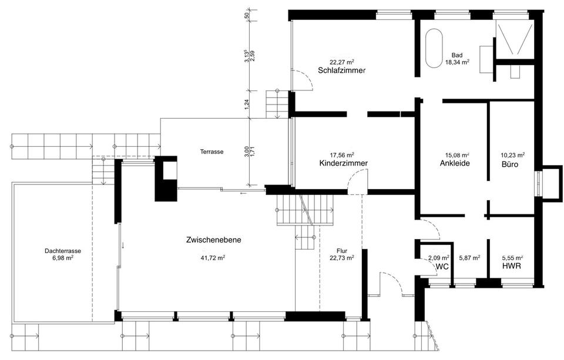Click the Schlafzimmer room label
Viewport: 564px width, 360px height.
pyautogui.click(x=342, y=70)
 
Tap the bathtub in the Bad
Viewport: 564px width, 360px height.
pyautogui.click(x=435, y=48)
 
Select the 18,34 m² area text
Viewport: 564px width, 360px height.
pyautogui.click(x=456, y=62)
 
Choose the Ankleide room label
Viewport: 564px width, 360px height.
pyautogui.click(x=454, y=164)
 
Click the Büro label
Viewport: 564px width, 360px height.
pyautogui.click(x=509, y=164)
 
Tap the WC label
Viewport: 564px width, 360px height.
pyautogui.click(x=442, y=266)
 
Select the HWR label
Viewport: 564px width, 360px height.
pyautogui.click(x=511, y=266)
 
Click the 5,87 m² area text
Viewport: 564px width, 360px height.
pyautogui.click(x=469, y=257)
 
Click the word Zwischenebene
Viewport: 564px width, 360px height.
pyautogui.click(x=213, y=240)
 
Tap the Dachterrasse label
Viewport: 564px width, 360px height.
pyautogui.click(x=63, y=250)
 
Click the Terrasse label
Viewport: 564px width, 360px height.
pyautogui.click(x=211, y=152)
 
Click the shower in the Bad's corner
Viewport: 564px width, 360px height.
pyautogui.click(x=515, y=40)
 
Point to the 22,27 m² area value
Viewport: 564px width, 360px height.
pyautogui.click(x=342, y=62)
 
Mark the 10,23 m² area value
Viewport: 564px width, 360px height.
pyautogui.click(x=512, y=155)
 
